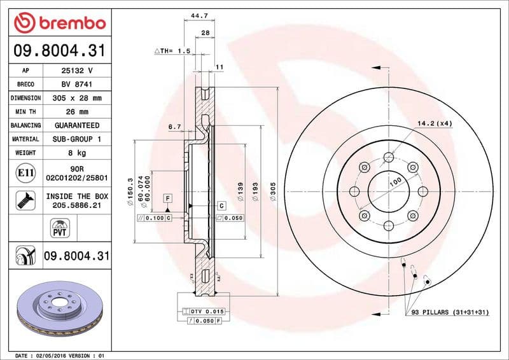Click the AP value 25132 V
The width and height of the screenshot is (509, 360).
tap(77, 71)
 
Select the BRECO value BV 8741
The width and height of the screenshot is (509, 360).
tap(76, 85)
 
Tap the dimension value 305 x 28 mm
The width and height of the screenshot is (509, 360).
tap(77, 99)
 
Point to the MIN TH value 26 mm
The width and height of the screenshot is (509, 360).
tap(77, 112)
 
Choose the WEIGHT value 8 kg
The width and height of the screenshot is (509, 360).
tap(77, 153)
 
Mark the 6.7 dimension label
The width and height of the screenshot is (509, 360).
tap(174, 127)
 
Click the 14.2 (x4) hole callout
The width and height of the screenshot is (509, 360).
tap(435, 123)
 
